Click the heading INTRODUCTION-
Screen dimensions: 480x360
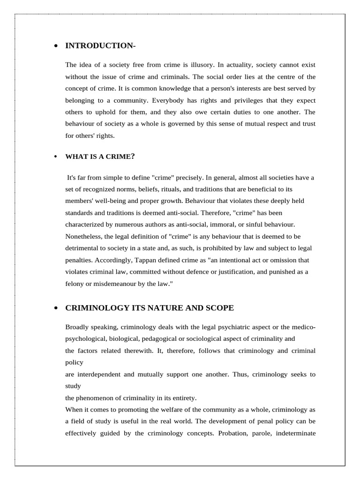point(100,45)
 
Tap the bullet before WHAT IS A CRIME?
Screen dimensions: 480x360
point(56,157)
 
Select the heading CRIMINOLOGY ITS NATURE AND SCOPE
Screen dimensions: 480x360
point(150,308)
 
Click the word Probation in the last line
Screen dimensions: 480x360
point(232,433)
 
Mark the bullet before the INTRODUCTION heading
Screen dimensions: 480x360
point(56,46)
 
